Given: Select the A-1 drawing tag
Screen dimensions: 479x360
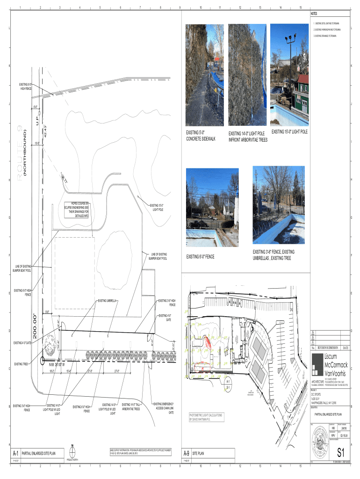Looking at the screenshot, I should click(x=15, y=453).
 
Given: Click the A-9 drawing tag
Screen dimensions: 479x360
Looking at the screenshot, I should click(x=186, y=453).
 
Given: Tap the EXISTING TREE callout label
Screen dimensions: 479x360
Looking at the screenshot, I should click(x=23, y=363).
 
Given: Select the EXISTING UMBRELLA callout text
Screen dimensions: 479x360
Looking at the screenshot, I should click(x=108, y=301).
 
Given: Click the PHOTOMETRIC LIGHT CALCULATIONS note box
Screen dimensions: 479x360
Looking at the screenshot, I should click(x=206, y=417).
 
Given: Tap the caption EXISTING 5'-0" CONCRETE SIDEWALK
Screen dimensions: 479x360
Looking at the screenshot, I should click(x=201, y=136).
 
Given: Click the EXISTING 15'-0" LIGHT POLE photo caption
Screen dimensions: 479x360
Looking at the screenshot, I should click(x=289, y=131).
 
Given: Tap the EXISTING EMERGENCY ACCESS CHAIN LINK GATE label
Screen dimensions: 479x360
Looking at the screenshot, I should click(x=164, y=408).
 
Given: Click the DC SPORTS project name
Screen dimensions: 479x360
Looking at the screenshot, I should click(x=318, y=395).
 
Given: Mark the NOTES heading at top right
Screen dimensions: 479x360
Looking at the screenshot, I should click(x=314, y=14).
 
